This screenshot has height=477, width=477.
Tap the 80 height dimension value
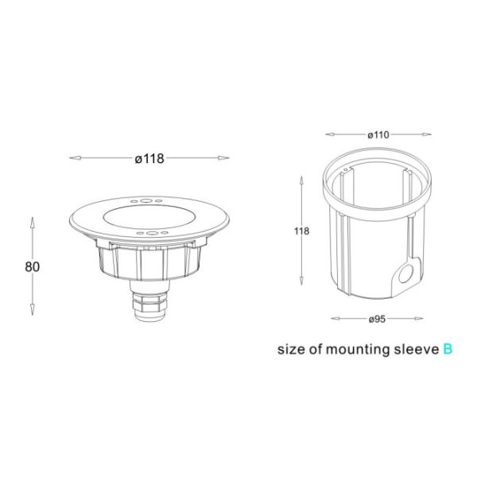(x=33, y=266)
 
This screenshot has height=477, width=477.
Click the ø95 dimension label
(x=377, y=319)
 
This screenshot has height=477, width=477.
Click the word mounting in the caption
(x=355, y=348)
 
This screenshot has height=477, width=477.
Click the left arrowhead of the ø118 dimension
(x=74, y=158)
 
